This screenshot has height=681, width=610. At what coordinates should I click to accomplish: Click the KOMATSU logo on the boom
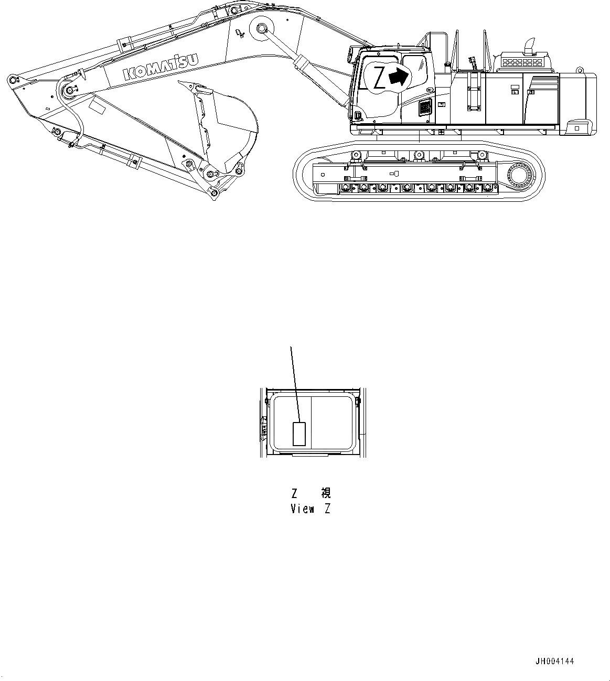[162, 66]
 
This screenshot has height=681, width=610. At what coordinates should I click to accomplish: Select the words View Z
[311, 509]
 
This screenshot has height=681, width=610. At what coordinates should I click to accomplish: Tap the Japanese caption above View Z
[311, 493]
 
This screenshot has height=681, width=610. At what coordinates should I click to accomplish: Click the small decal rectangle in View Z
[299, 434]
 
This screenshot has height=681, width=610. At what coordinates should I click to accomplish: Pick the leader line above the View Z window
[295, 383]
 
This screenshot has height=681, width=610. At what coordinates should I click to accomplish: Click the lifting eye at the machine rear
[580, 70]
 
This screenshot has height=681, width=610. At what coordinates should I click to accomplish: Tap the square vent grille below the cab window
[425, 109]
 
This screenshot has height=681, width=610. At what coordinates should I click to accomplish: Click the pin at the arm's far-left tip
[12, 80]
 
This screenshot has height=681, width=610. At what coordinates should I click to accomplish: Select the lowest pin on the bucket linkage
[213, 194]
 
